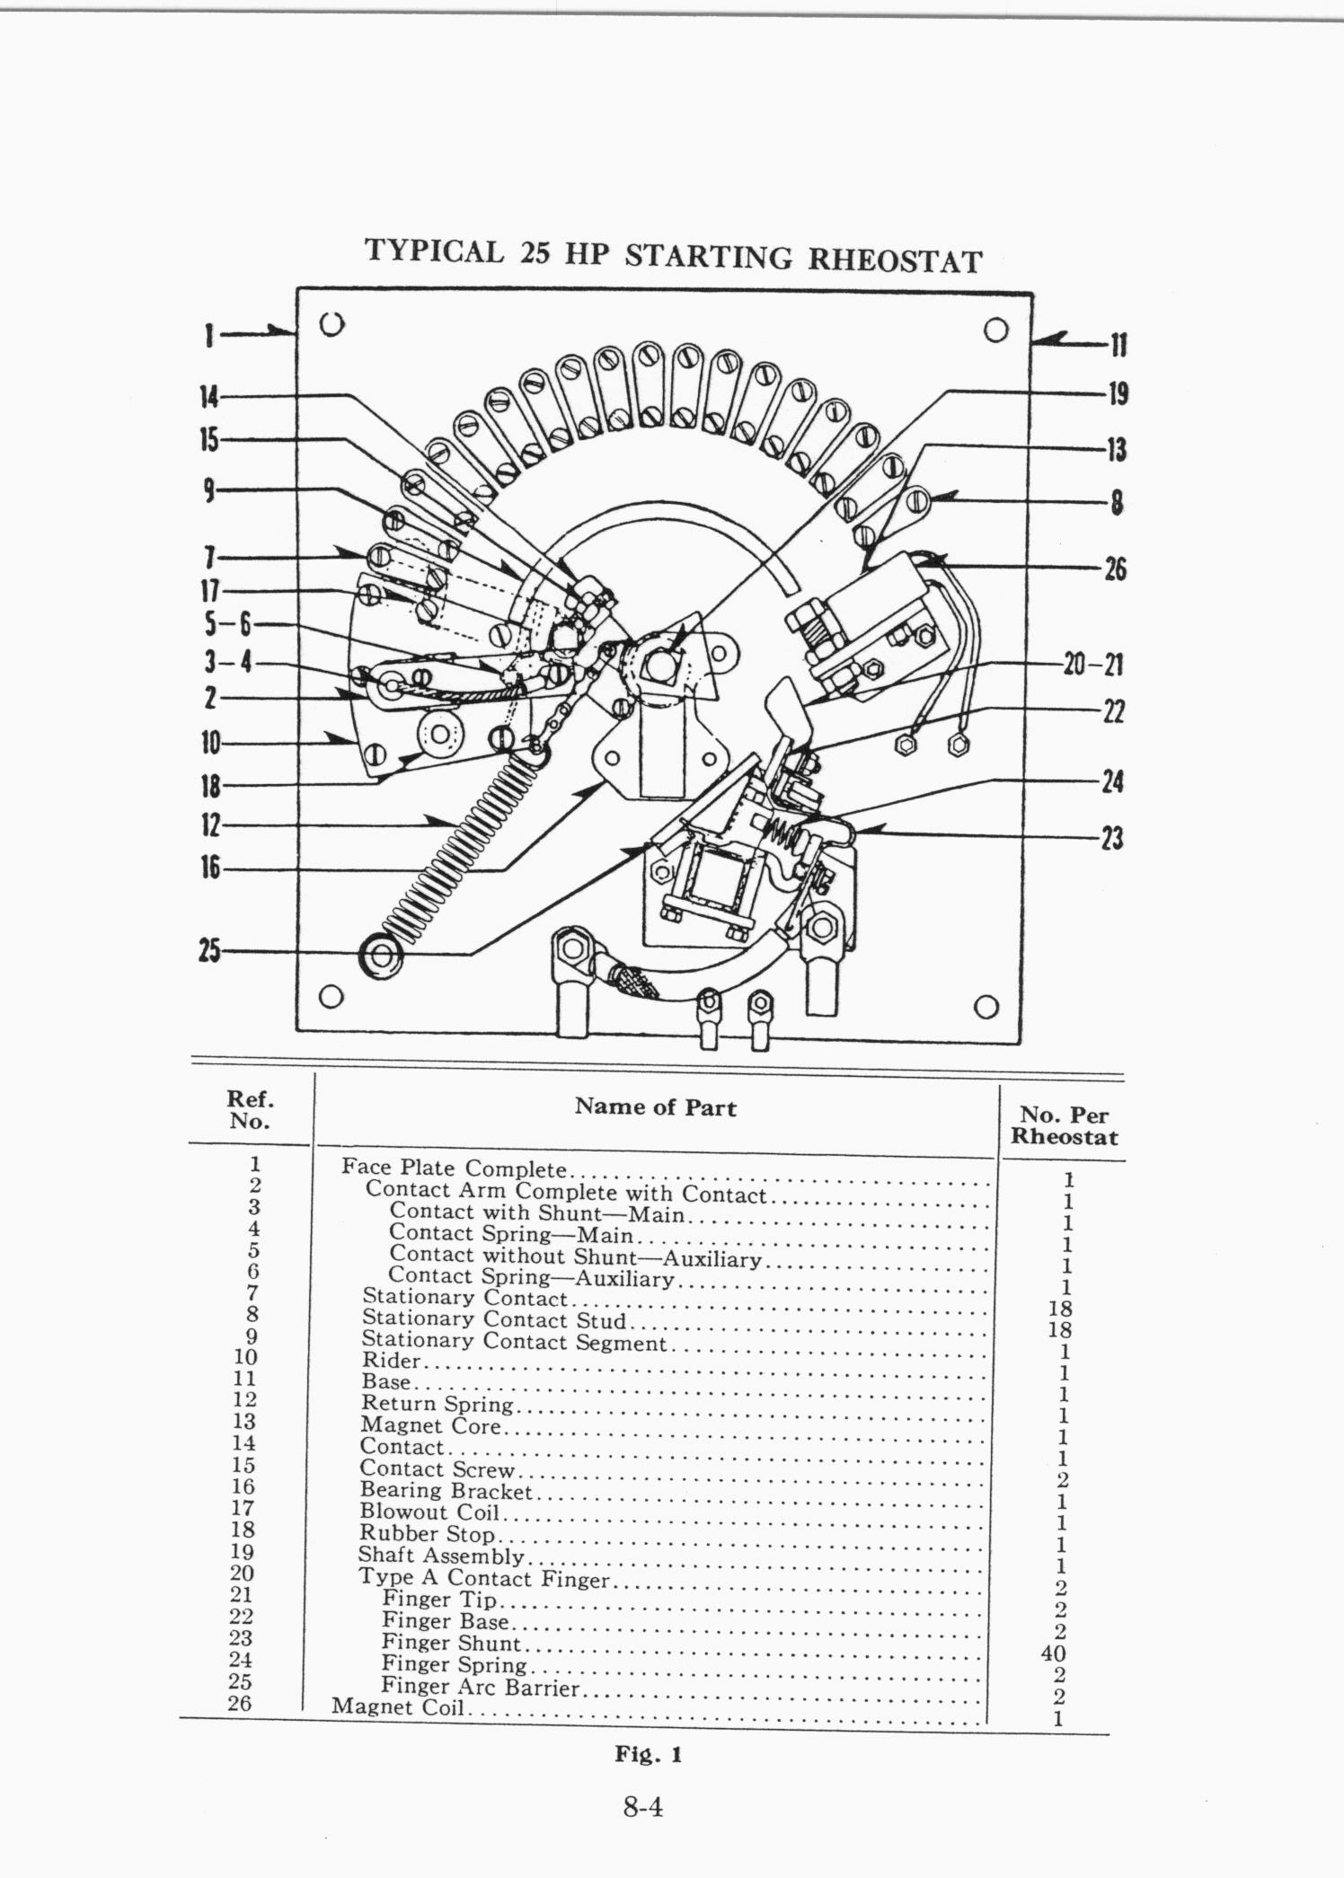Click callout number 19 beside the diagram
pos(1118,393)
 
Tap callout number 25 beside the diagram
pos(209,950)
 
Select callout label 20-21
pos(1093,666)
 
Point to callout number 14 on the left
pos(208,396)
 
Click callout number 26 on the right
pos(1115,569)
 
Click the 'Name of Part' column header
pos(655,1107)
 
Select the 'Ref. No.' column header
pos(251,1110)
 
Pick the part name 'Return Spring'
pos(437,1403)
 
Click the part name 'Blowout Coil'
pos(429,1512)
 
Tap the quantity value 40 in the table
pos(1054,1653)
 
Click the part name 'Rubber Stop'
pos(427,1534)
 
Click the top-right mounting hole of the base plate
pos(995,330)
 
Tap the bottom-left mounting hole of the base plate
pos(332,996)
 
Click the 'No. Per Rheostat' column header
pos(1065,1126)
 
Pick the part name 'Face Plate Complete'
pos(454,1168)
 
